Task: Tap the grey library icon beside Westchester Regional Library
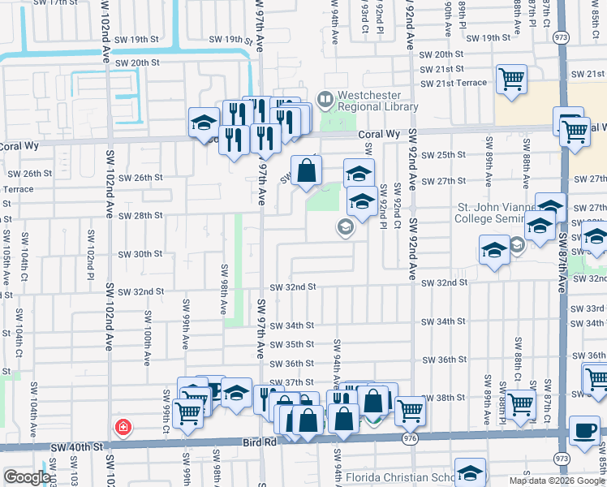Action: [x=325, y=99]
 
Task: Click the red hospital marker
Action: [x=123, y=426]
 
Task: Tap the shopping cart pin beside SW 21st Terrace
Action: [x=511, y=80]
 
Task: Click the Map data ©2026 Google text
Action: [x=557, y=481]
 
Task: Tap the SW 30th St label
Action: [x=140, y=254]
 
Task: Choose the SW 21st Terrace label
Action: [x=453, y=84]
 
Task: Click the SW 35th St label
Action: [x=291, y=344]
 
